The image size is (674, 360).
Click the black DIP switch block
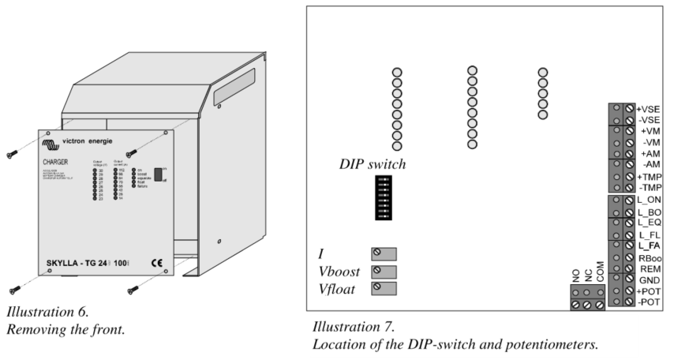384,197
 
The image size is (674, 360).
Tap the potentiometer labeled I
383,253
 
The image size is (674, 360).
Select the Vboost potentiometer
383,271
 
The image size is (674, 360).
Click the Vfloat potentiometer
383,288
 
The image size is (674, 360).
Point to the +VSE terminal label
648,109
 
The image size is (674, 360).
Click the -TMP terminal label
649,188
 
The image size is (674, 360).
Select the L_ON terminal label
648,201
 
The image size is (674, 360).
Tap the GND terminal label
648,280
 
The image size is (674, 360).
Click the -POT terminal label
648,302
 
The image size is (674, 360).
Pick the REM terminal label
648,268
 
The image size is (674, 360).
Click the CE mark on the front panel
156,262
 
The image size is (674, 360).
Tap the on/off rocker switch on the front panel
159,174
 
